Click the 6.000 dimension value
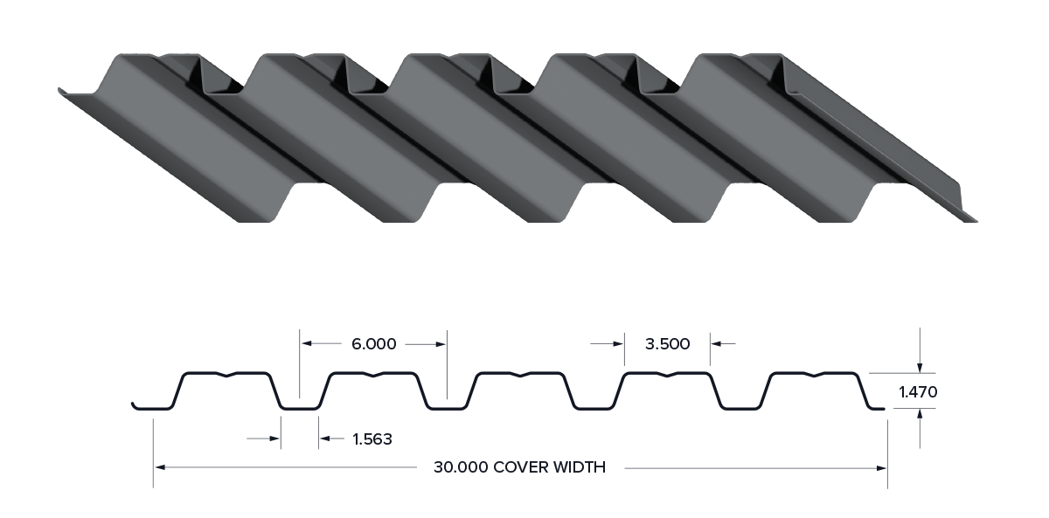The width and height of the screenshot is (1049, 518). pos(374,344)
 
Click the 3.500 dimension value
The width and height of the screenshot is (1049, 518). pos(667,344)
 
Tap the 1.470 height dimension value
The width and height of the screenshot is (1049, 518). pos(918,391)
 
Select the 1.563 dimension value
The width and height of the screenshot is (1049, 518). pos(372,439)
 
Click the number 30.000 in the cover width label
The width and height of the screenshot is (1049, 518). pos(461,467)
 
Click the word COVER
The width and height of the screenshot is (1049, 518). pos(520,467)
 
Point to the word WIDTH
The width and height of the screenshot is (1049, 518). pos(580,467)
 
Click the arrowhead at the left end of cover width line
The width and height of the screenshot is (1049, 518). pos(160,467)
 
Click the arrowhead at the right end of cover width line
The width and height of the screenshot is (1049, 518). pos(881,467)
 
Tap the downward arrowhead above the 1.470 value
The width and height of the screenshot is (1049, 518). pos(920,368)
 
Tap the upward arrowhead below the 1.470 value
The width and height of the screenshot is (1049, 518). pos(920,414)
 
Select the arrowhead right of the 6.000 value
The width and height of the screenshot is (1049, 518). pos(441,344)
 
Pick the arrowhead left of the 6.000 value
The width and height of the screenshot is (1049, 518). pos(307,343)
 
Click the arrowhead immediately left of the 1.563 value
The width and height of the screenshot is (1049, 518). pos(325,439)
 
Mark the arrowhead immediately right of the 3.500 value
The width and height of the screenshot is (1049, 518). pos(717,344)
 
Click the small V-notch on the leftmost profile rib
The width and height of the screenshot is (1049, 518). pos(227,375)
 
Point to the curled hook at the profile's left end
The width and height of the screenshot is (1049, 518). pos(135,405)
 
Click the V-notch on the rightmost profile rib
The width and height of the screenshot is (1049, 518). pos(815,375)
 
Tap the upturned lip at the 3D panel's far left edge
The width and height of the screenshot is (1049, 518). pos(60,91)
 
